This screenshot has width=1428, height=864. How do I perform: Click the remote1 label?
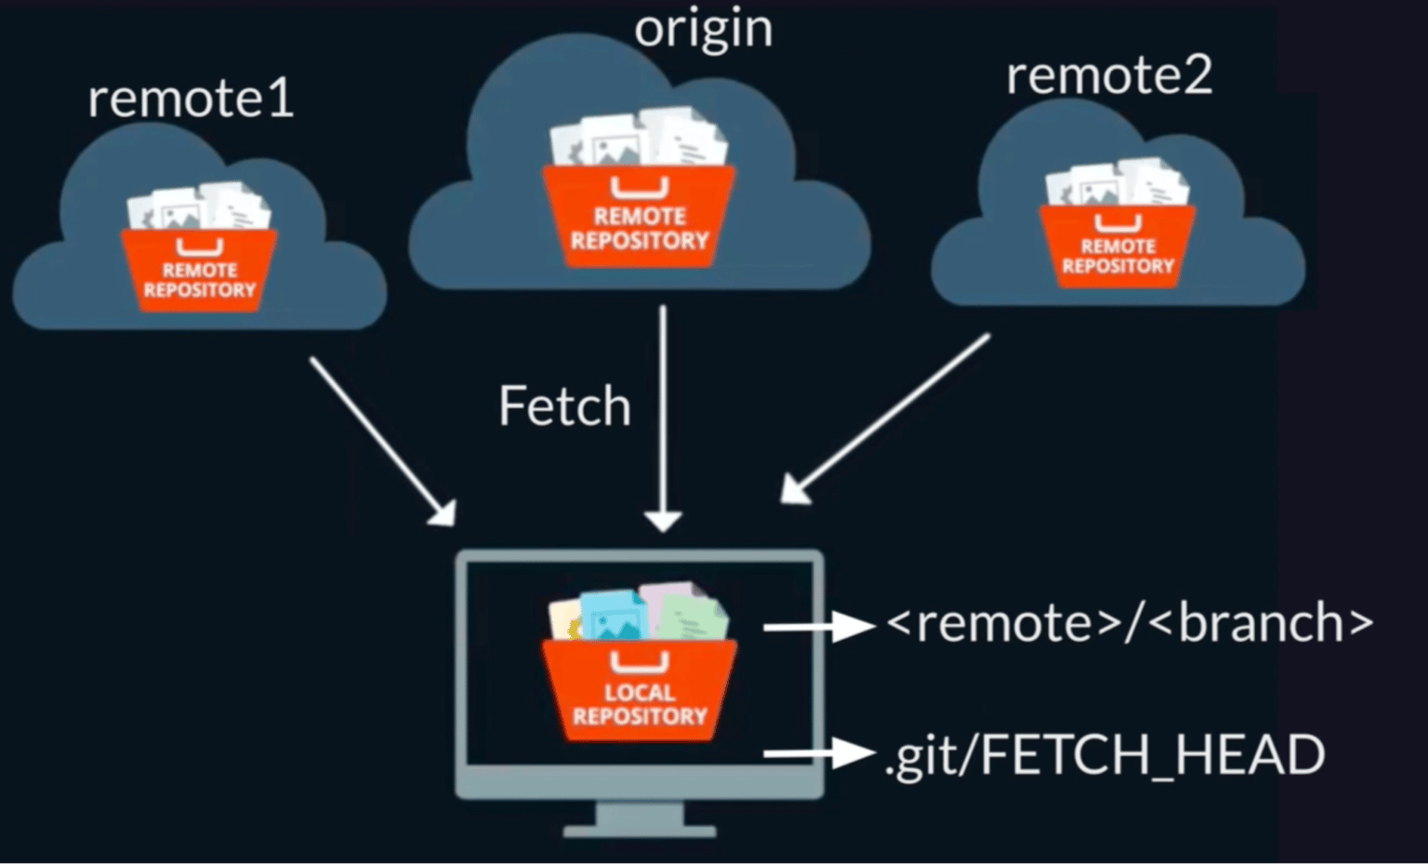[x=191, y=99]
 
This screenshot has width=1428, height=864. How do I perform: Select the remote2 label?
[x=1109, y=75]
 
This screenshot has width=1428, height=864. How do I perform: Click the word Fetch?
[x=564, y=406]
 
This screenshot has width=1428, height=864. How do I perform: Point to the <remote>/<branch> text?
[x=1130, y=623]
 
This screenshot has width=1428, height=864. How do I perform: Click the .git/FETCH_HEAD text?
[x=1104, y=754]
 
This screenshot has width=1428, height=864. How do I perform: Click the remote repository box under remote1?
[x=199, y=269]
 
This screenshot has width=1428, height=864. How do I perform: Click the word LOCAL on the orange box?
[x=640, y=693]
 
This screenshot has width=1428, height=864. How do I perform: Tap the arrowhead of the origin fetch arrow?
[x=663, y=522]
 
